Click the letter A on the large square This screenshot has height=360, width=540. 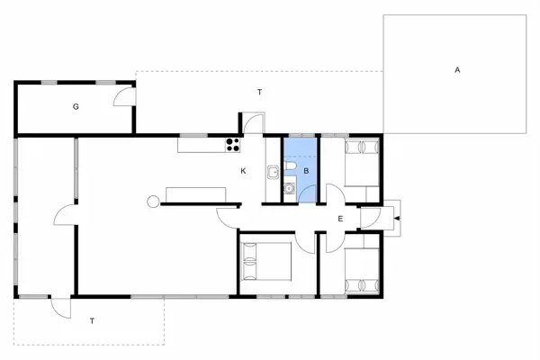tap(457, 69)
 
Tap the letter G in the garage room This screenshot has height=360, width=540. tap(76, 106)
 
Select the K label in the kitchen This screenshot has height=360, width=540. tap(243, 170)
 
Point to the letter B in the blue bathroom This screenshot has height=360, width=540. tap(306, 170)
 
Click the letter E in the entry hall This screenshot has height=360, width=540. tap(340, 219)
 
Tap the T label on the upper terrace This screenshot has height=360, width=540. tap(259, 93)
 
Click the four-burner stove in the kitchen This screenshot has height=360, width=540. tap(232, 143)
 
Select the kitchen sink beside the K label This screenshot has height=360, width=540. tap(271, 169)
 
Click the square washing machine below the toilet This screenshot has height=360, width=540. tap(290, 189)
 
